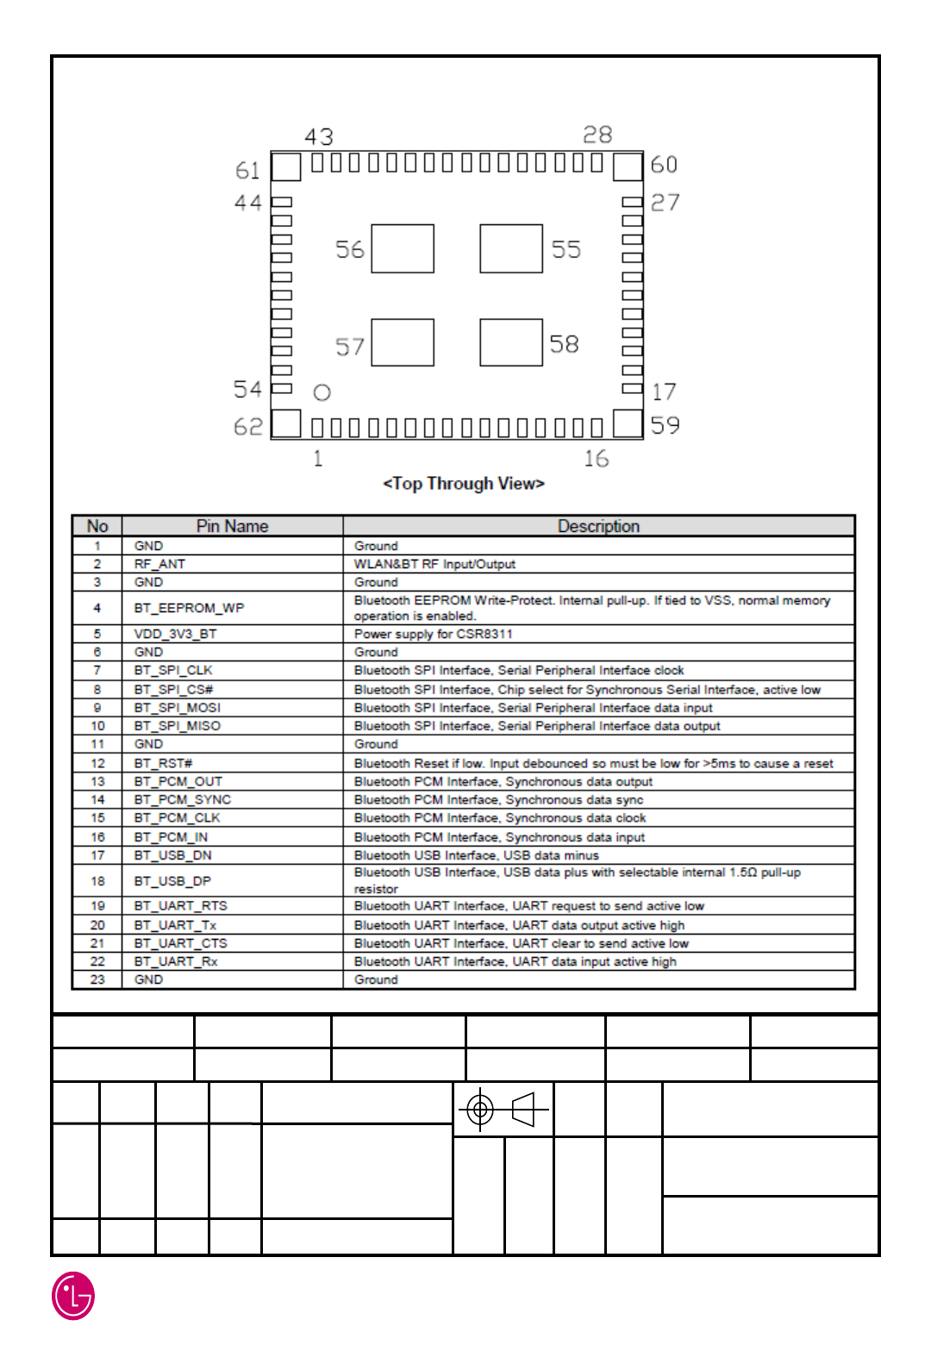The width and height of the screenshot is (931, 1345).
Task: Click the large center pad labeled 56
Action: coord(403,248)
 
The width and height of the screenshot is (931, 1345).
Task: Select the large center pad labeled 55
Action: coord(511,248)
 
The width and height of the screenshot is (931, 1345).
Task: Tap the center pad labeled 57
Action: coord(403,342)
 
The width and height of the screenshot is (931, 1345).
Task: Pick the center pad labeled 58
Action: coord(511,342)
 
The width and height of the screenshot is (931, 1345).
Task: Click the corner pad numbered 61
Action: coord(286,166)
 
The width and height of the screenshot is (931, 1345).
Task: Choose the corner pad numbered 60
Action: coord(628,166)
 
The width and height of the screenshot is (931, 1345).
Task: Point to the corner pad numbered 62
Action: coord(286,423)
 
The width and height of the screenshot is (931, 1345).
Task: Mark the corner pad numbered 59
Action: coord(628,423)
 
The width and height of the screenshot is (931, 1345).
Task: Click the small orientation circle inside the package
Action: coord(322,393)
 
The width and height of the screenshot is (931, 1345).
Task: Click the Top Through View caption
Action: coord(464,484)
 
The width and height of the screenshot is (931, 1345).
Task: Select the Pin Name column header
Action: coord(232,526)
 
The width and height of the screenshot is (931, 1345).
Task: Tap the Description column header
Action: coord(598,526)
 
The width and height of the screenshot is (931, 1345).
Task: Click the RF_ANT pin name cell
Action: coord(159,564)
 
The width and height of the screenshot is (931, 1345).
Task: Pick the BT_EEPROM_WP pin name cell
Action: coord(189,608)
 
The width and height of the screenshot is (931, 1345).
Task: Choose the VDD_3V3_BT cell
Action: coord(175,634)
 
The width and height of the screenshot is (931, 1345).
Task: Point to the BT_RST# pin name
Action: coord(163,763)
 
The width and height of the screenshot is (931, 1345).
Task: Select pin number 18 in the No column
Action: coord(97,881)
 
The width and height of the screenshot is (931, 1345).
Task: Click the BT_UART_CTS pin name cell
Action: coord(180,943)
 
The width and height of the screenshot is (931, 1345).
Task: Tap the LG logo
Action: coord(73,1296)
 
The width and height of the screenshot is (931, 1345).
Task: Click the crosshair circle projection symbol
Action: coord(480,1109)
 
